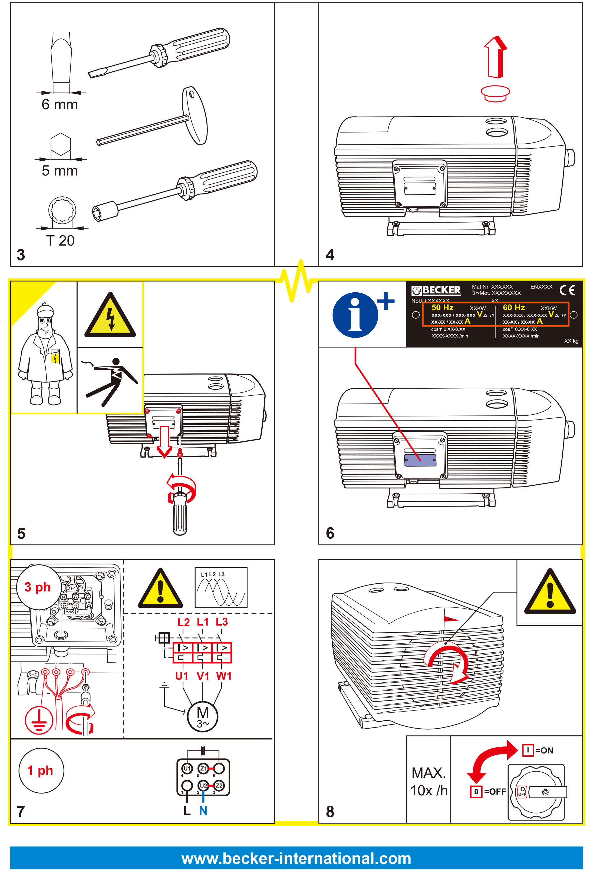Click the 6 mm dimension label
click(60, 104)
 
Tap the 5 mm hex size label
click(60, 171)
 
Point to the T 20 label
click(60, 240)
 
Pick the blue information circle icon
click(355, 315)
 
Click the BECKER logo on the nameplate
click(436, 290)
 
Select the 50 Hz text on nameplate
click(442, 307)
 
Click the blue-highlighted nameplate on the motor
click(420, 460)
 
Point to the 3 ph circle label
click(38, 587)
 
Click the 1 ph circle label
click(41, 771)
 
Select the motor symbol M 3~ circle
click(203, 716)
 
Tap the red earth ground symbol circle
click(38, 720)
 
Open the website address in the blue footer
click(296, 858)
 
